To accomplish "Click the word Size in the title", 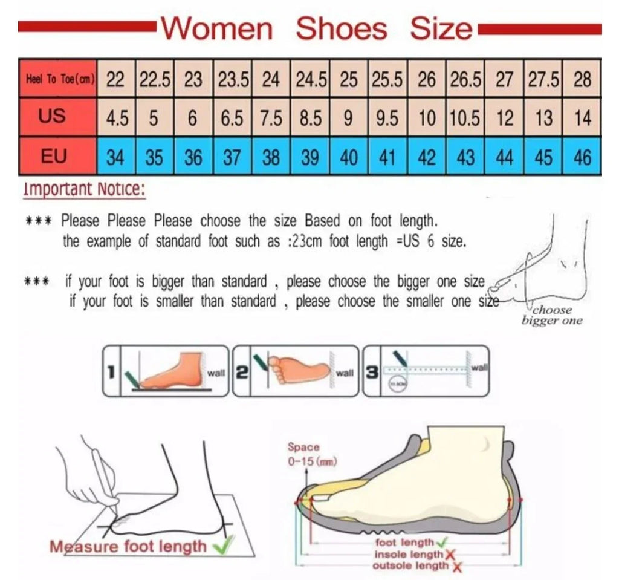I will click(441, 28).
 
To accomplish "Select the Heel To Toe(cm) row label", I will click(58, 79).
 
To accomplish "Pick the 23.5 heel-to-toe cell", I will click(233, 79).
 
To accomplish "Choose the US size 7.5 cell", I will click(271, 118).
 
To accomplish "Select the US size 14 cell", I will click(582, 118).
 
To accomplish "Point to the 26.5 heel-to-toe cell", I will click(465, 79).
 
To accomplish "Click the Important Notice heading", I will click(84, 189).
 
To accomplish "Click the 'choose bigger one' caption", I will click(552, 316).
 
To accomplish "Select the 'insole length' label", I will click(409, 555).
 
